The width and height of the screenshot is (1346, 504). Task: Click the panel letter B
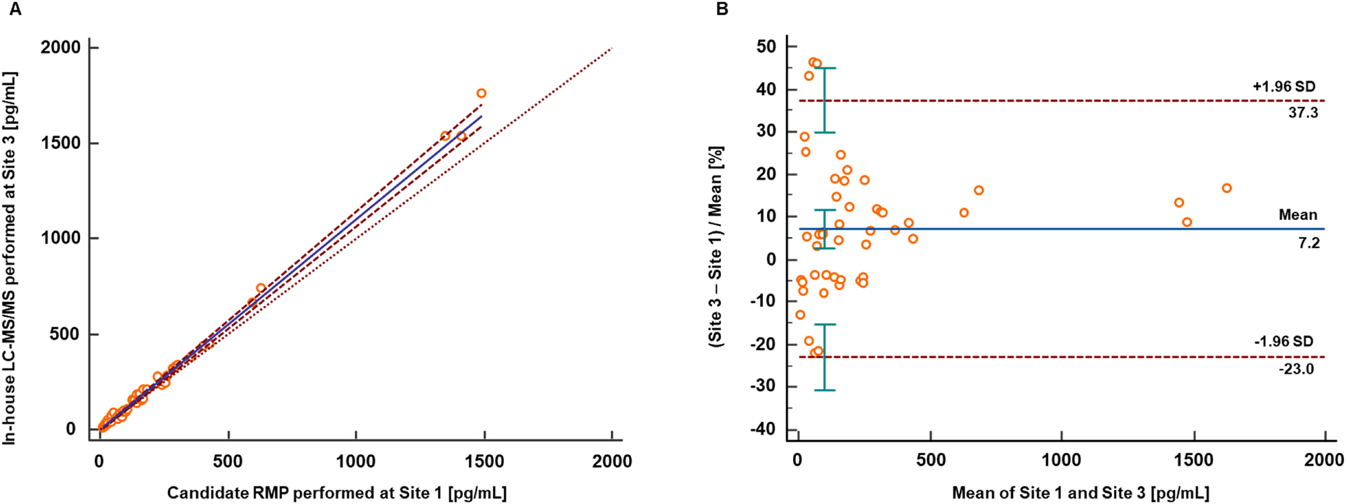pos(722,9)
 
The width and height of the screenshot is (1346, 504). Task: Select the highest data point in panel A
pos(481,94)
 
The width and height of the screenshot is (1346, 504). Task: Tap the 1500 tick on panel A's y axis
pos(61,143)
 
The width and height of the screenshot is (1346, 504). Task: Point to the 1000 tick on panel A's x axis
pos(356,461)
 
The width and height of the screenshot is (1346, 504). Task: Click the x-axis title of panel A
pos(336,493)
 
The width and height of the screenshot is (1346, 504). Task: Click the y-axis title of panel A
pos(9,258)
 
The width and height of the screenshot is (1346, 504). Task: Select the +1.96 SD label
pos(1283,87)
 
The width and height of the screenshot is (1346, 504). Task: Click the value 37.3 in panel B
pos(1302,113)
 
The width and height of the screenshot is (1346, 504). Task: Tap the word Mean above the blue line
pos(1298,215)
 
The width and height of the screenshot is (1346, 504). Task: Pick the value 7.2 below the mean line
pos(1308,243)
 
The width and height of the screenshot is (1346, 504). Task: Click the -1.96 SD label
pos(1283,341)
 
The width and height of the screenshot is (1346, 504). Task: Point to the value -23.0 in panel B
pos(1296,369)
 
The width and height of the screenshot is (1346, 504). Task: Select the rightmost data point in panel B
pos(1226,188)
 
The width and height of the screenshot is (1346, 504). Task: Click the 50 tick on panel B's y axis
pos(766,46)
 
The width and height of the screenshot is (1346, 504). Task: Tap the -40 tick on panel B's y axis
pos(763,429)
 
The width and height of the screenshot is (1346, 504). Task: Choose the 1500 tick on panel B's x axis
pos(1193,460)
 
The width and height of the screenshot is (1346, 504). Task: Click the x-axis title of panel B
pos(1080,493)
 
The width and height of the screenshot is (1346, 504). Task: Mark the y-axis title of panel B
pos(716,246)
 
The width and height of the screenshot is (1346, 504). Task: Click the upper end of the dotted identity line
pos(611,48)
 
